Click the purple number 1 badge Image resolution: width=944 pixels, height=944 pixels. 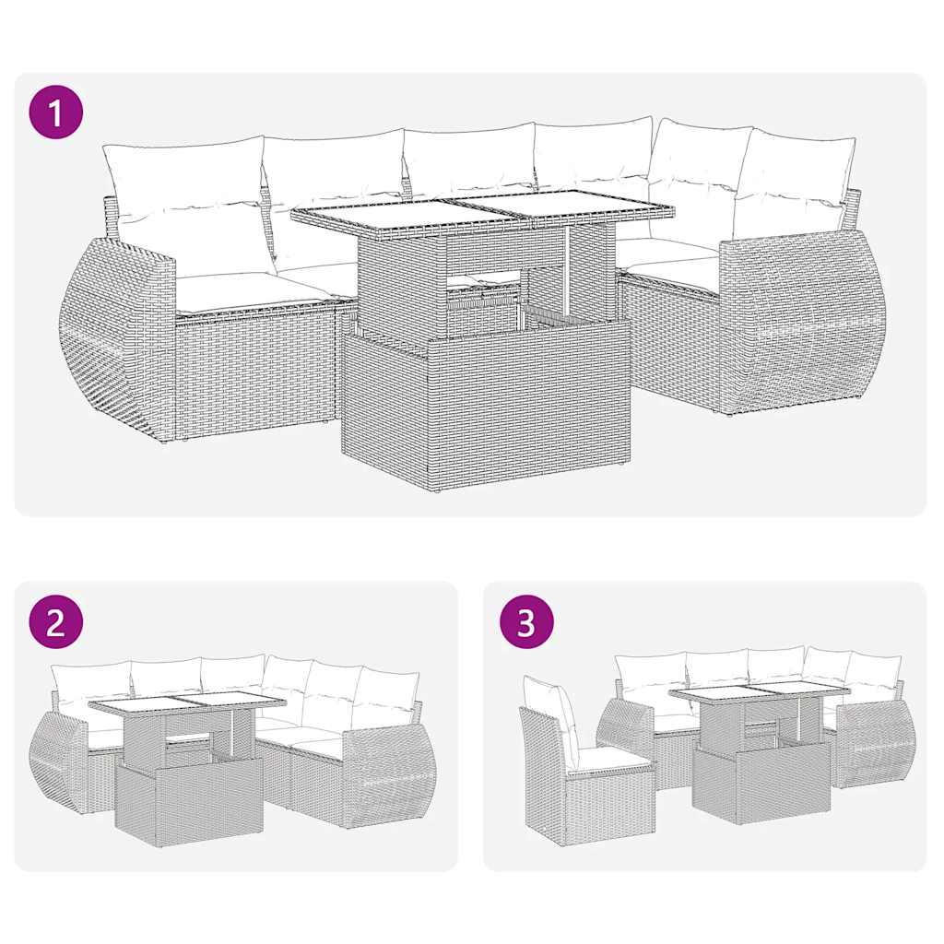point(56,113)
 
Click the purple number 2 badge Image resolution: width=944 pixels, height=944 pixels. point(56,623)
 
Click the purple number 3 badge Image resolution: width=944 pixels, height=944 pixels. point(525,623)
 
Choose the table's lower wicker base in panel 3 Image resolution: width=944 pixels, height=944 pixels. point(761,784)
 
